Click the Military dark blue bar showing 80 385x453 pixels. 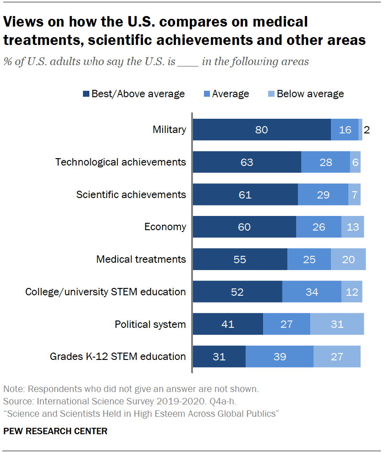[x=261, y=130]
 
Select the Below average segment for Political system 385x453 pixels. [x=337, y=324]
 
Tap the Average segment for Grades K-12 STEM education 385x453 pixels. [x=279, y=357]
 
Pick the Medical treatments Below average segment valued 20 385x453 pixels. [x=348, y=260]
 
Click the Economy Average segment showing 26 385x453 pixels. [x=319, y=227]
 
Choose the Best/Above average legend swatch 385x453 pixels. [x=86, y=94]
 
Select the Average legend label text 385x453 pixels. [x=230, y=94]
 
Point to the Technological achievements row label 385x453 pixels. [x=121, y=162]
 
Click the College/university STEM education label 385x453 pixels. [x=105, y=292]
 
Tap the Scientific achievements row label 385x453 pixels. [x=131, y=194]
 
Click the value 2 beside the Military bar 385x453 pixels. [x=367, y=130]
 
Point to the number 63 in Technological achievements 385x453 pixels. [x=247, y=162]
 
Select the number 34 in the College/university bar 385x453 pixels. [x=312, y=292]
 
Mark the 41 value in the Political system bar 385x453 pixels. [x=228, y=325]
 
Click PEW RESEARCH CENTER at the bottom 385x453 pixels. [x=55, y=431]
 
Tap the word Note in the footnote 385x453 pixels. [x=14, y=389]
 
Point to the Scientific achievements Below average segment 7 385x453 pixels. [x=354, y=195]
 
